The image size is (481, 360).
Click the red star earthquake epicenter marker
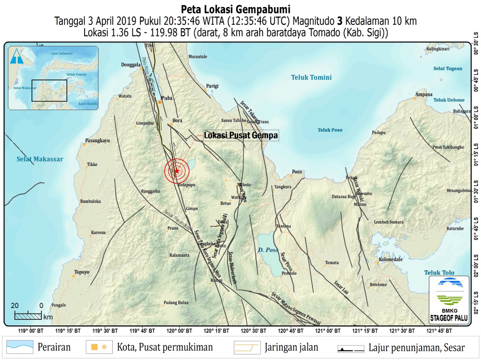(177, 171)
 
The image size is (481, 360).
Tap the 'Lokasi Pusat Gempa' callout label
(241, 136)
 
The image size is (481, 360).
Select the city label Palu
(166, 98)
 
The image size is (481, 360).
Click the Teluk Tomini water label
(311, 77)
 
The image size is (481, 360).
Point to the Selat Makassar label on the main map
(40, 159)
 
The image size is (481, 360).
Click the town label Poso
(297, 172)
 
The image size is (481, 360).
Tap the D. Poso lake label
(268, 250)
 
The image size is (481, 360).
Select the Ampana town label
(424, 95)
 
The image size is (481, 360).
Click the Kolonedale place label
(390, 259)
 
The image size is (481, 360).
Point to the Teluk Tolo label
(439, 273)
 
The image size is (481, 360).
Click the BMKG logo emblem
(449, 291)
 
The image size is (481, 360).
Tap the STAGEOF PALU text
(449, 318)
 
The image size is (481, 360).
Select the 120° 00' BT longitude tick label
(179, 331)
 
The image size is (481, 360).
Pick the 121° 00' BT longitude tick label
(328, 331)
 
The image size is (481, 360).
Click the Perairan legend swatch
(20, 347)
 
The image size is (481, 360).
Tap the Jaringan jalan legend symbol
(247, 348)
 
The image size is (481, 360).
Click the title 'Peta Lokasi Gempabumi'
(236, 9)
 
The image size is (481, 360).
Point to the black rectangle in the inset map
(49, 90)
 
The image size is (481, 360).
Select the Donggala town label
(130, 65)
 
